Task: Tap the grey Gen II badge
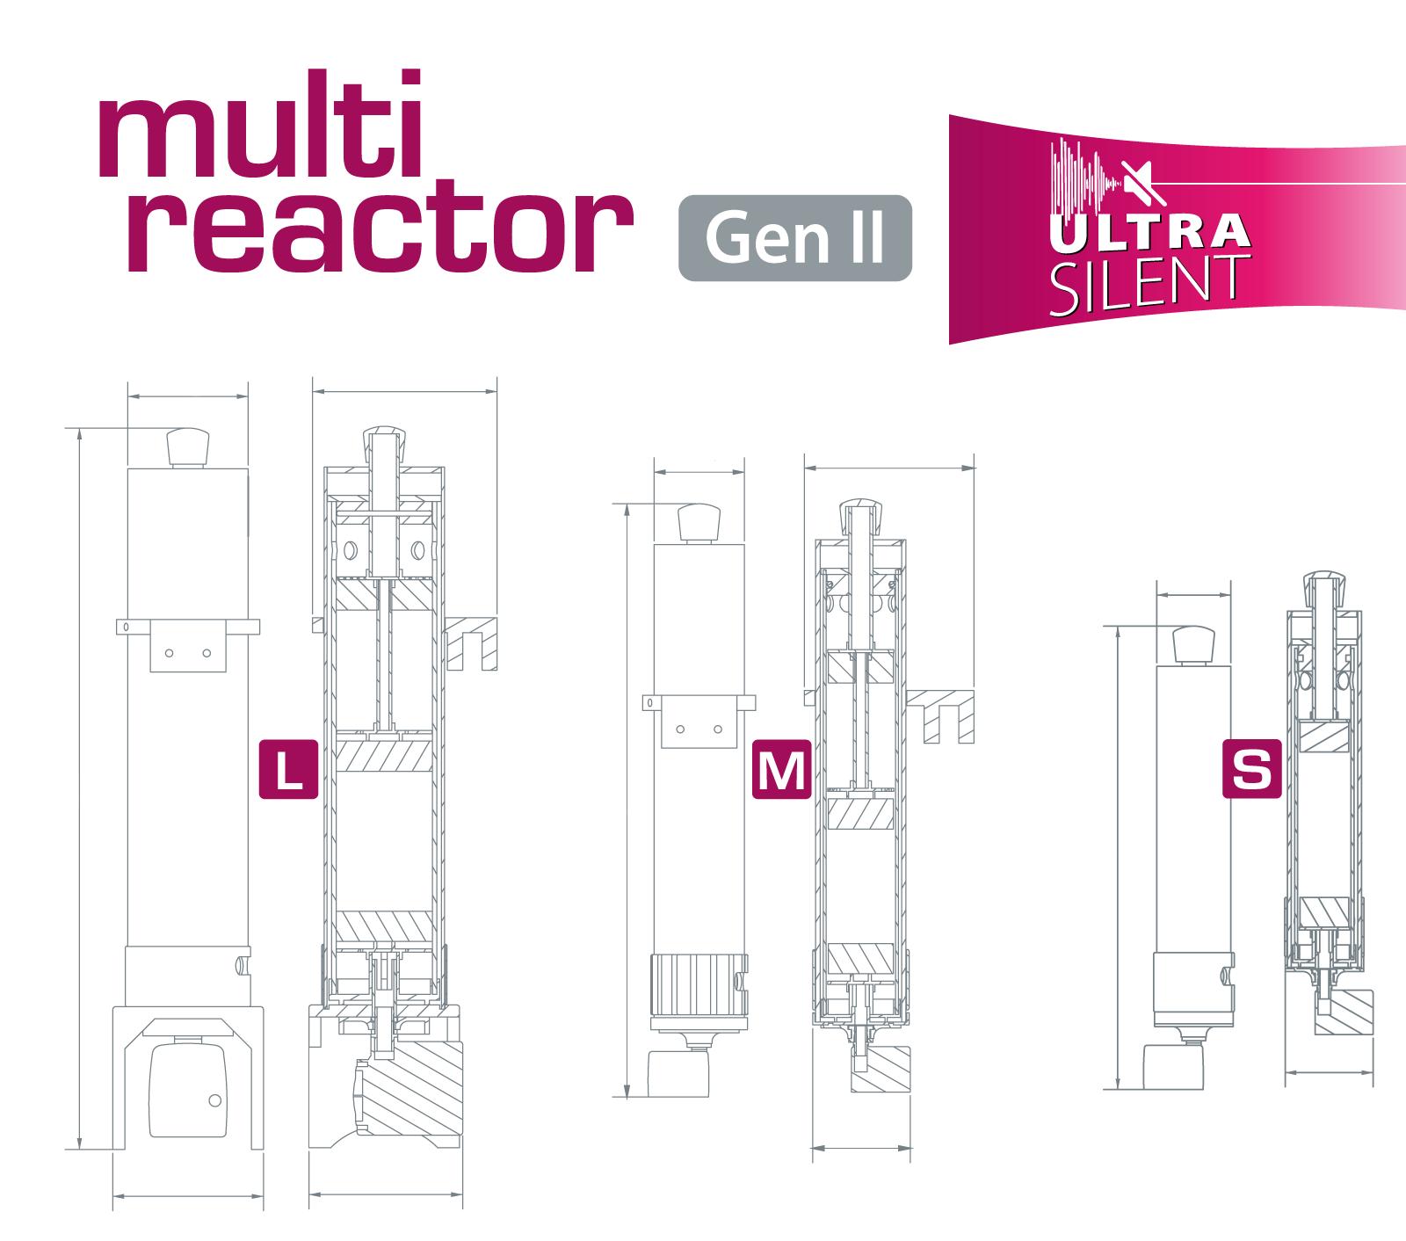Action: click(794, 238)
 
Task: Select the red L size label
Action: click(288, 771)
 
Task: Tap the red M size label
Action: click(781, 771)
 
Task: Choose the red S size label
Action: click(1252, 771)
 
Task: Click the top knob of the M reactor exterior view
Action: click(698, 522)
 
